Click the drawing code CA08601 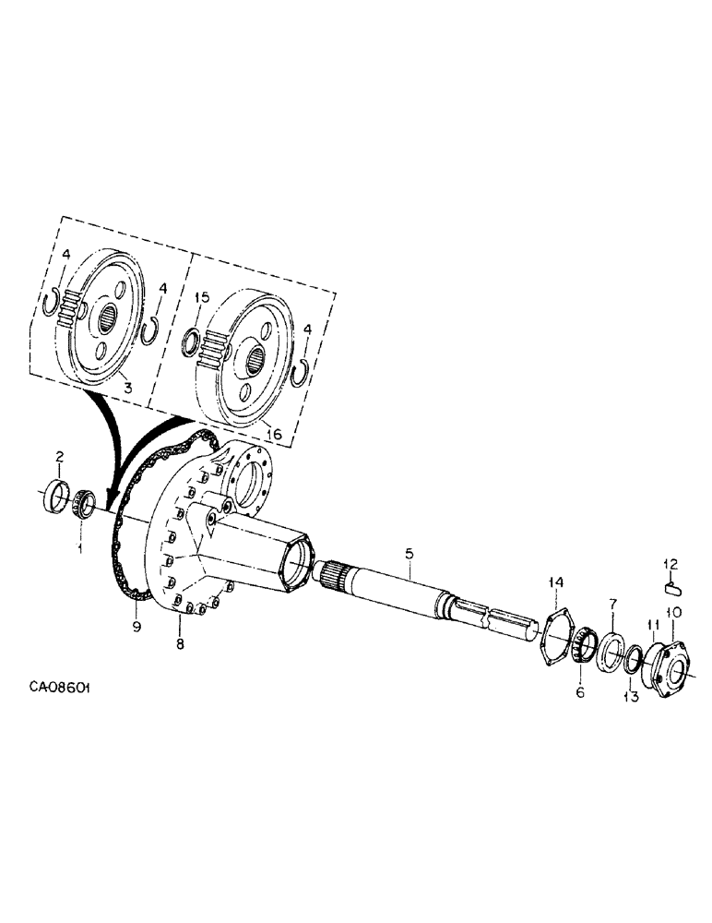(64, 688)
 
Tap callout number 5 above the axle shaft (409, 554)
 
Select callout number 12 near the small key (672, 563)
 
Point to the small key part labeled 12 (673, 582)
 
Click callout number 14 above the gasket (554, 582)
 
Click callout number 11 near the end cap (654, 625)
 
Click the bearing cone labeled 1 (84, 504)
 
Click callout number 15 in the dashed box (203, 297)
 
